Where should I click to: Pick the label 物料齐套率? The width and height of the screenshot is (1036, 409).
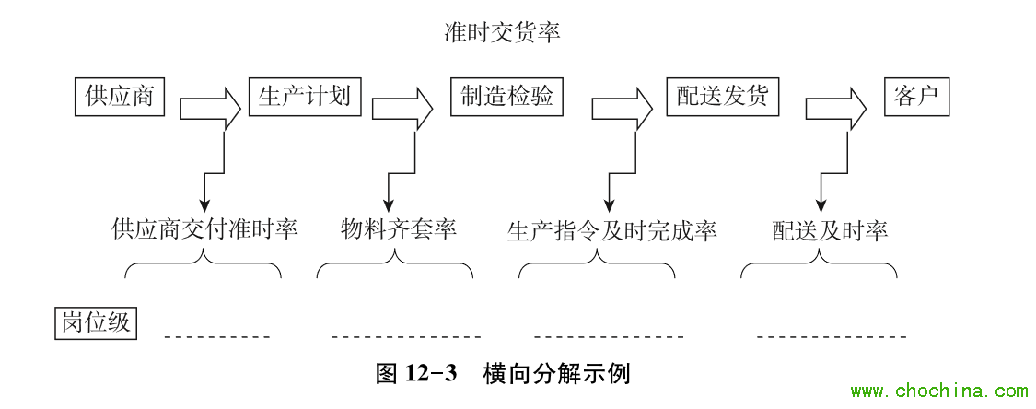click(399, 229)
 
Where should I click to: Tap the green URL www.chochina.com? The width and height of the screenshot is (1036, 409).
click(939, 391)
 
